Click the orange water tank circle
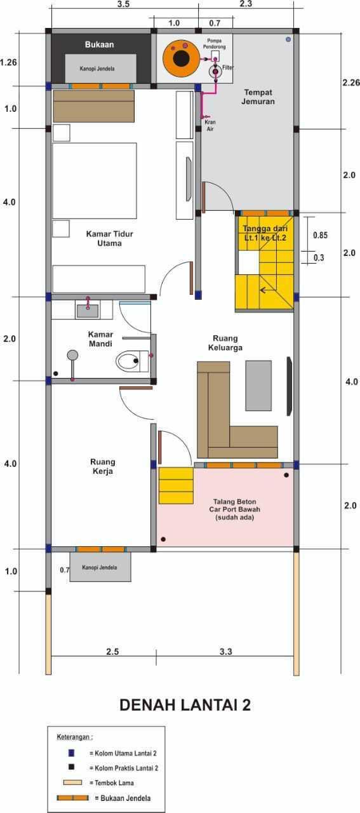(x=181, y=58)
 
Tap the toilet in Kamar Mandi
(x=133, y=361)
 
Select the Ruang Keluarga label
(x=225, y=343)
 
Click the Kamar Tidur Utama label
(x=109, y=238)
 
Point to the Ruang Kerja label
(x=103, y=466)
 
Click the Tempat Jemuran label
(x=258, y=97)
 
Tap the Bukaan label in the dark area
(x=100, y=44)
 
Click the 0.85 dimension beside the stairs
(x=320, y=235)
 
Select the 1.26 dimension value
(x=8, y=62)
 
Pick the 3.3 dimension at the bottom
(x=225, y=652)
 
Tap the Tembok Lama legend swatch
(x=72, y=783)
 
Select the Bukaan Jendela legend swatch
(x=72, y=798)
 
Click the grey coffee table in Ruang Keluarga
(x=258, y=386)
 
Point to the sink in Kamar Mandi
(x=87, y=311)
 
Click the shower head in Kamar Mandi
(x=72, y=354)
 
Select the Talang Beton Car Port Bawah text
(x=234, y=509)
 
